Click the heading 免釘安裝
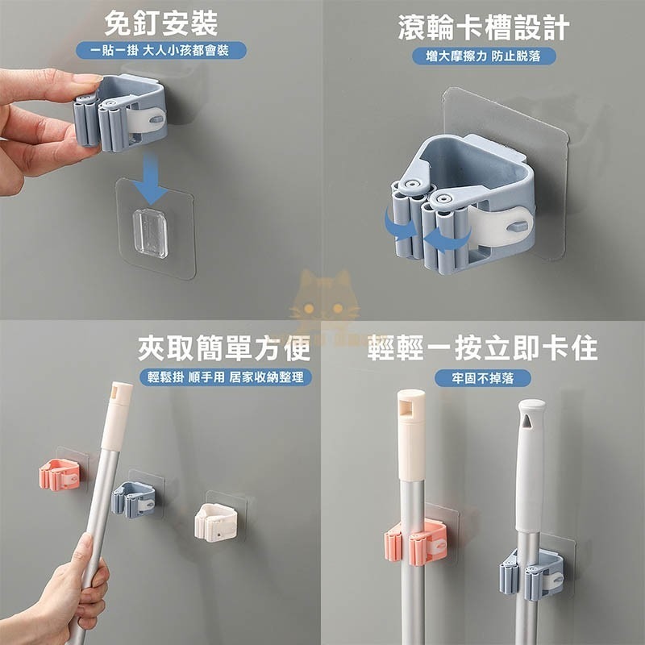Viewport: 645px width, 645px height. tap(160, 23)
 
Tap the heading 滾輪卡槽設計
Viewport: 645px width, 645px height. tap(484, 27)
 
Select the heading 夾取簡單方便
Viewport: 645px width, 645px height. tap(224, 348)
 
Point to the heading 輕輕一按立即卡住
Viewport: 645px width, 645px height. tap(482, 348)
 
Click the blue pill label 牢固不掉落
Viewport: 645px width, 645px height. tap(482, 378)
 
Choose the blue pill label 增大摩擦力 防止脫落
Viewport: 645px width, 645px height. tap(484, 56)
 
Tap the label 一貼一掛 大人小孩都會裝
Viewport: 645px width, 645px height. tap(161, 51)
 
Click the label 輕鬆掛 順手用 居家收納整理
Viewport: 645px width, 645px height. tap(226, 377)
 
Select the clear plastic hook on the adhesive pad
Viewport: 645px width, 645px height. tap(150, 233)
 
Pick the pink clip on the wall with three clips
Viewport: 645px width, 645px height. tap(60, 475)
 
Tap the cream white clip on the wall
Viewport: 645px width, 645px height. tap(216, 522)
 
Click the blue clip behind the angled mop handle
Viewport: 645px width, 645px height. tap(133, 499)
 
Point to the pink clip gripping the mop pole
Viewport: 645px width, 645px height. tap(416, 543)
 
